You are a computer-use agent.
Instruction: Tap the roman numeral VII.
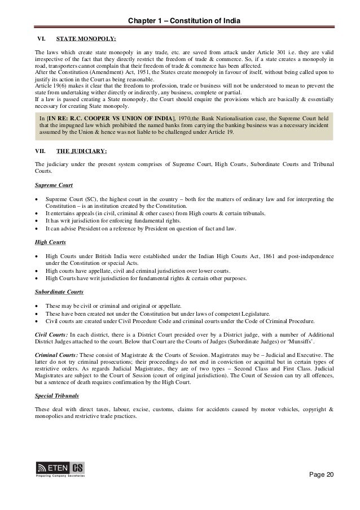[x=40, y=151]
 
